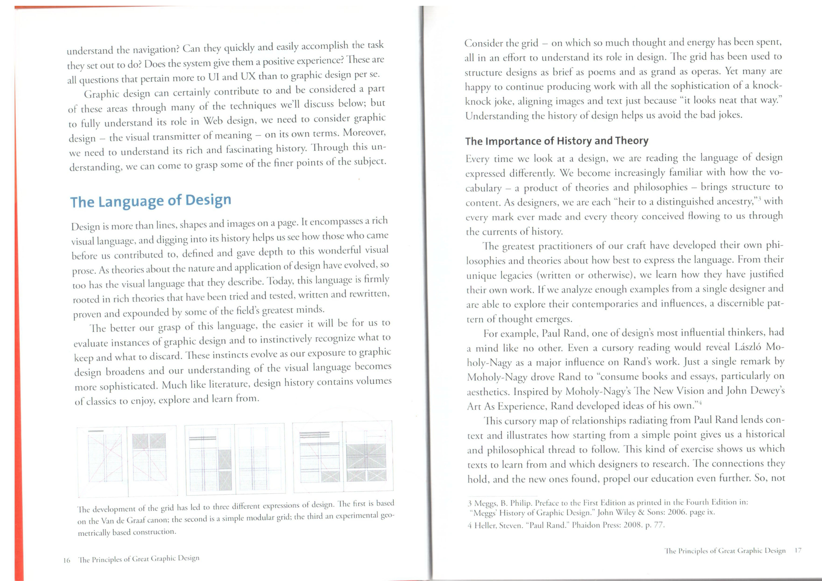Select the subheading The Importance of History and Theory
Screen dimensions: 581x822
tap(557, 141)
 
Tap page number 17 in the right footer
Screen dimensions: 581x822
tap(797, 551)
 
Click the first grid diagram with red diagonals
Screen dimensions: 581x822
tap(127, 461)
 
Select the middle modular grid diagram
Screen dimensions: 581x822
tap(235, 459)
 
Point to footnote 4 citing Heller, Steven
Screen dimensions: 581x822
tap(566, 525)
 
